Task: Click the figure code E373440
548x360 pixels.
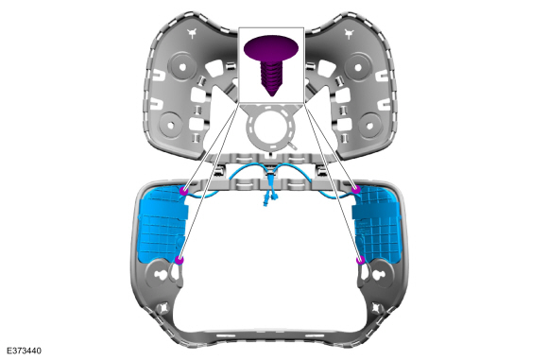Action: pyautogui.click(x=24, y=351)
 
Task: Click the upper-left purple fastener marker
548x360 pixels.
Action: pyautogui.click(x=184, y=191)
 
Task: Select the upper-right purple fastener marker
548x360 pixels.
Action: pyautogui.click(x=356, y=189)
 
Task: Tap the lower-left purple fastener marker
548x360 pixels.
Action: pyautogui.click(x=179, y=260)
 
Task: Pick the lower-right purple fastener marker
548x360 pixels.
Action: pyautogui.click(x=360, y=260)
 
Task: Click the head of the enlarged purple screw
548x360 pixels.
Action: pyautogui.click(x=271, y=47)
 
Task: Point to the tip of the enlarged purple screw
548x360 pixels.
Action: pyautogui.click(x=271, y=95)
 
